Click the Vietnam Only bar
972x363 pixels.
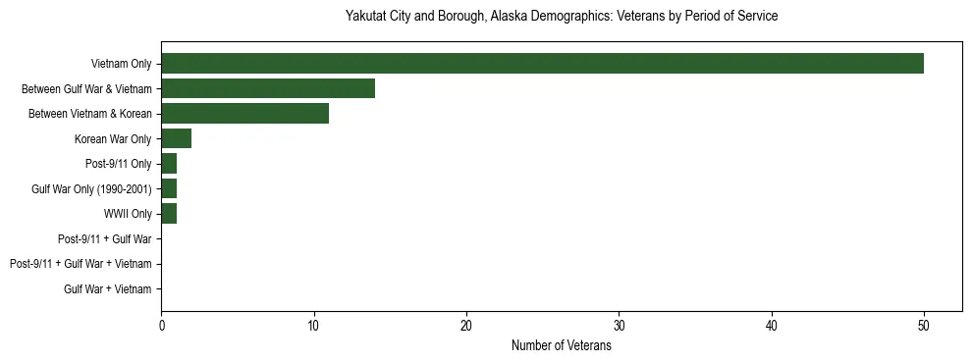click(x=542, y=64)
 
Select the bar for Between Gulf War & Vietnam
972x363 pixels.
click(x=268, y=88)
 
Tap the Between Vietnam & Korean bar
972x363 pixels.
click(x=244, y=114)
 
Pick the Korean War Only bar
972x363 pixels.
click(x=176, y=138)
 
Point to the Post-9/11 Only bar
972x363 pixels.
click(x=169, y=164)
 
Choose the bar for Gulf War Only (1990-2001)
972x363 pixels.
click(x=169, y=188)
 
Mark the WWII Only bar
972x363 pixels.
click(x=169, y=214)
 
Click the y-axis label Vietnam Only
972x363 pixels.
click(x=120, y=64)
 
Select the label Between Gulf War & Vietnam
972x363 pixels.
click(x=86, y=89)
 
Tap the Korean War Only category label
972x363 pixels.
click(x=113, y=139)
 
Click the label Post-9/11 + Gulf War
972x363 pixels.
click(x=104, y=238)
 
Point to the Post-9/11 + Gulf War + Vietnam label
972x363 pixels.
click(x=81, y=264)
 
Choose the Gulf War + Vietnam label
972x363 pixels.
click(x=108, y=289)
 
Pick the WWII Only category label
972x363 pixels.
click(x=128, y=214)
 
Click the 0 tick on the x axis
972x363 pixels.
click(x=161, y=327)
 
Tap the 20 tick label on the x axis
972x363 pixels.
click(x=466, y=327)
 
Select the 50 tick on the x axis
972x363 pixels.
click(x=924, y=327)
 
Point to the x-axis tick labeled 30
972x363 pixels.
click(x=619, y=327)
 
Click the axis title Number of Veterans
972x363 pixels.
click(x=561, y=346)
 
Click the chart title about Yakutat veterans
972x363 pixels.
click(x=562, y=17)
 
